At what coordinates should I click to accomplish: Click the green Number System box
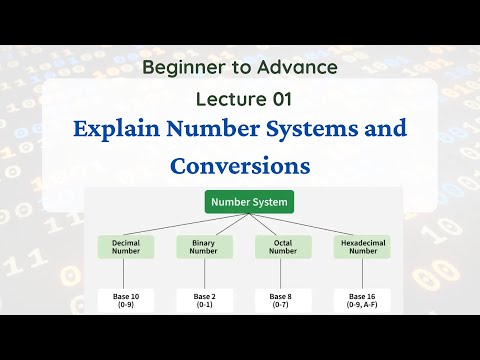click(249, 202)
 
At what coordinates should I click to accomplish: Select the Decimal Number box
click(125, 247)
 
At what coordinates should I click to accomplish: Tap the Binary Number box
click(204, 247)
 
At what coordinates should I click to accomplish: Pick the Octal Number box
click(283, 247)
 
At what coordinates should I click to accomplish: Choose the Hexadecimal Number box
click(361, 247)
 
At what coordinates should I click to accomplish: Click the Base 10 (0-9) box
click(125, 299)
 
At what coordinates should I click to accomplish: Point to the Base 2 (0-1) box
click(204, 299)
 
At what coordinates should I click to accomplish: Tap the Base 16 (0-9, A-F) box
click(361, 299)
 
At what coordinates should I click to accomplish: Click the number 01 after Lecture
click(281, 99)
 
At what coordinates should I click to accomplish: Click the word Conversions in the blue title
click(240, 163)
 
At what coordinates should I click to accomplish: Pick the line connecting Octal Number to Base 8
click(283, 274)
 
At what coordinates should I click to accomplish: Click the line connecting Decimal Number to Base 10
click(125, 274)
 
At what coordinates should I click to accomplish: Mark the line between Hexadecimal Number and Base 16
click(361, 274)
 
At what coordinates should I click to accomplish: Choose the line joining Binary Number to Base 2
click(204, 274)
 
